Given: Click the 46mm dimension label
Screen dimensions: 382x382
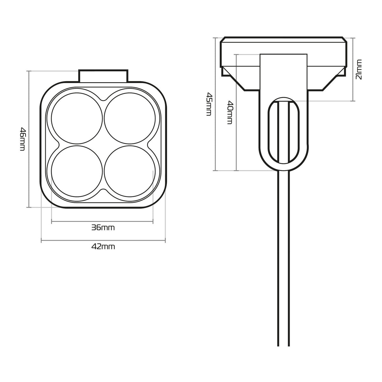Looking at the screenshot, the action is (23, 139).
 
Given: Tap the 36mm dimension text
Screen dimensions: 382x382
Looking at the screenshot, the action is (103, 228).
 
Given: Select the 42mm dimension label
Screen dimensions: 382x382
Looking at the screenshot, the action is (103, 247).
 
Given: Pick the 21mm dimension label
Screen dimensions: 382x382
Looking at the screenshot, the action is (359, 69).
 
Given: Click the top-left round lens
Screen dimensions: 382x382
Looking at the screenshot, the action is (77, 118).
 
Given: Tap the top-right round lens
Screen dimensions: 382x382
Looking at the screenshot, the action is (130, 118).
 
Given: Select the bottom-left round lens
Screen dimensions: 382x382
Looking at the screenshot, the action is (77, 171).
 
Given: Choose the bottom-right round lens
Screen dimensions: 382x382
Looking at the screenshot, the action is (130, 171).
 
